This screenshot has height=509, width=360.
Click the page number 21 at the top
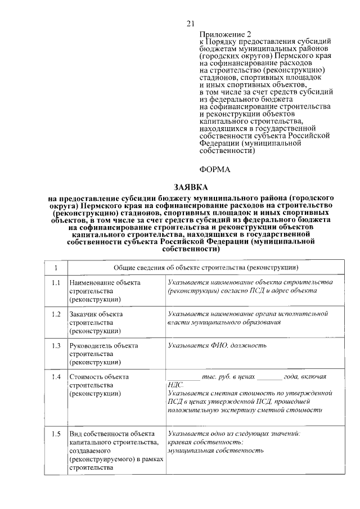click(x=190, y=23)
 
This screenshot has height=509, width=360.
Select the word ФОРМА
click(x=215, y=169)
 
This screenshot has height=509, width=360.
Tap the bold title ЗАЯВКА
click(x=190, y=187)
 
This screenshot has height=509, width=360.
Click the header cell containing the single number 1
click(x=55, y=267)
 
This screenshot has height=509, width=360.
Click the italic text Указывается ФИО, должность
click(x=217, y=345)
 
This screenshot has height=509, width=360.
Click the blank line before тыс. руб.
click(x=183, y=377)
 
